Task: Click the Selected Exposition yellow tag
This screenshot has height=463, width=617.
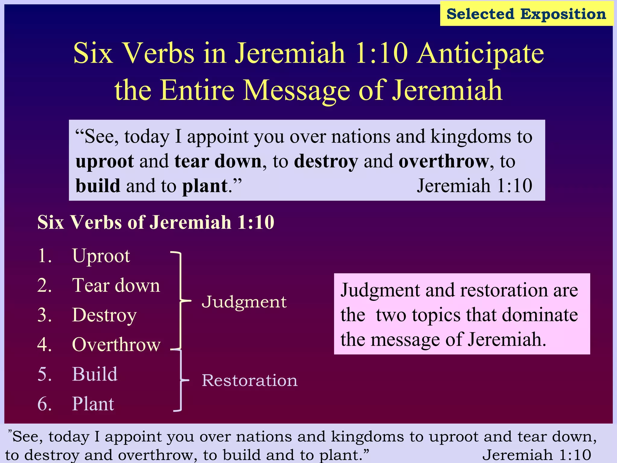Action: coord(526,14)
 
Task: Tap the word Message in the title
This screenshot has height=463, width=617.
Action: coord(296,90)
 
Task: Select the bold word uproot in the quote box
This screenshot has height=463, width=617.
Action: coord(105,162)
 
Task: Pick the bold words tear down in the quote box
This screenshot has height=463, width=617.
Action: coord(218,161)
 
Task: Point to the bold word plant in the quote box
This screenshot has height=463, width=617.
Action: coord(205,186)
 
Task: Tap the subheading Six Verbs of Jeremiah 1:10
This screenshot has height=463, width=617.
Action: coord(156,222)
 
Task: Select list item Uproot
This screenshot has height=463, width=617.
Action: coord(101,256)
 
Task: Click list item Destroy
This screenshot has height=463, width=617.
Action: coord(104,315)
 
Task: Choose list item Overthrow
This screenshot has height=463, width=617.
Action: coord(116,345)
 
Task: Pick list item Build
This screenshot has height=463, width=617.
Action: coord(95,374)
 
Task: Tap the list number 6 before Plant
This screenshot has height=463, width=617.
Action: coord(45,404)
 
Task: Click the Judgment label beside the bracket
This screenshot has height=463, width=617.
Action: coord(244,302)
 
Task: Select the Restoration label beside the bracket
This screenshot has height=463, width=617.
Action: coord(249,380)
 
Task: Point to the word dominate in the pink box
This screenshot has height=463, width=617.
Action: coord(540,315)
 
